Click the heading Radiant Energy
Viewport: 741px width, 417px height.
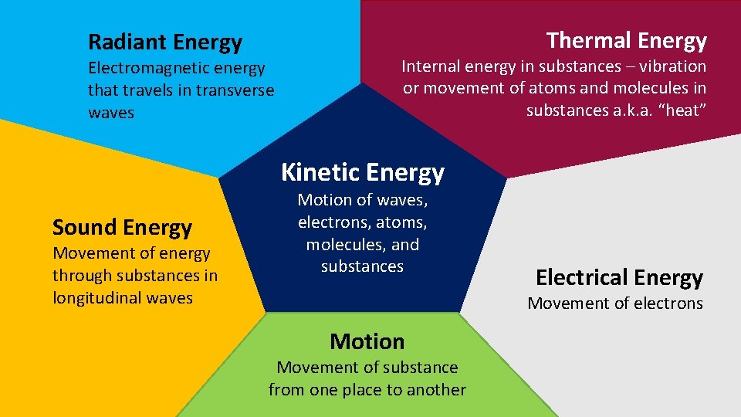tap(165, 42)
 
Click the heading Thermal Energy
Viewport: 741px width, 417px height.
tap(626, 40)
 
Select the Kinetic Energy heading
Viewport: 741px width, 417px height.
tap(363, 172)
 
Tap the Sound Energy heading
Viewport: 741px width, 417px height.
tap(122, 228)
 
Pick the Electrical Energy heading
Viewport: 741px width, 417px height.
tap(619, 277)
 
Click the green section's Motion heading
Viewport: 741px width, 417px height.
tap(367, 341)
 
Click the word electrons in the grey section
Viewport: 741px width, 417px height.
tap(668, 303)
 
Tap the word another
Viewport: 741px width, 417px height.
tap(438, 390)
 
